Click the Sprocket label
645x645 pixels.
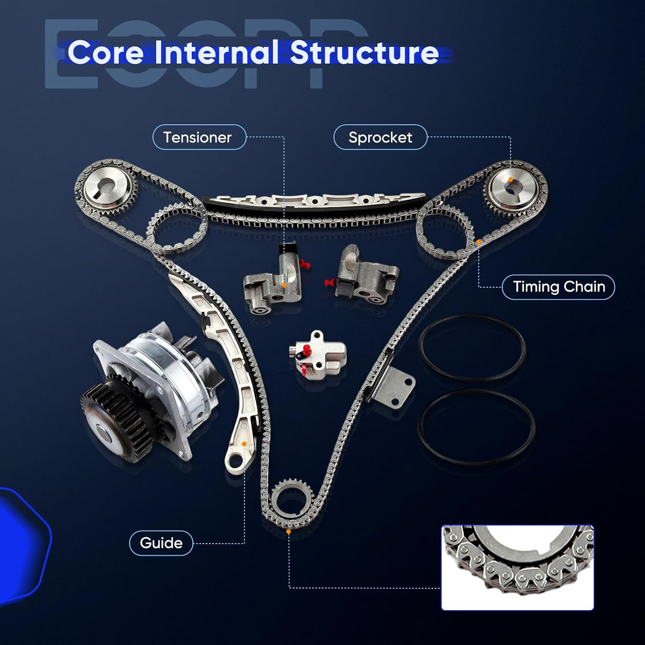coord(380,137)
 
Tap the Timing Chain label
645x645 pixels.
coord(559,287)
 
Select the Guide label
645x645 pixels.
coord(161,543)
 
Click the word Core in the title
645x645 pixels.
coord(106,53)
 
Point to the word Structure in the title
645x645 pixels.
coord(364,53)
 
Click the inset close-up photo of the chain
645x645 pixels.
coord(517,567)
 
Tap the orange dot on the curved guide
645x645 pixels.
coord(244,444)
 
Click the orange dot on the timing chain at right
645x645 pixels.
coord(478,242)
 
